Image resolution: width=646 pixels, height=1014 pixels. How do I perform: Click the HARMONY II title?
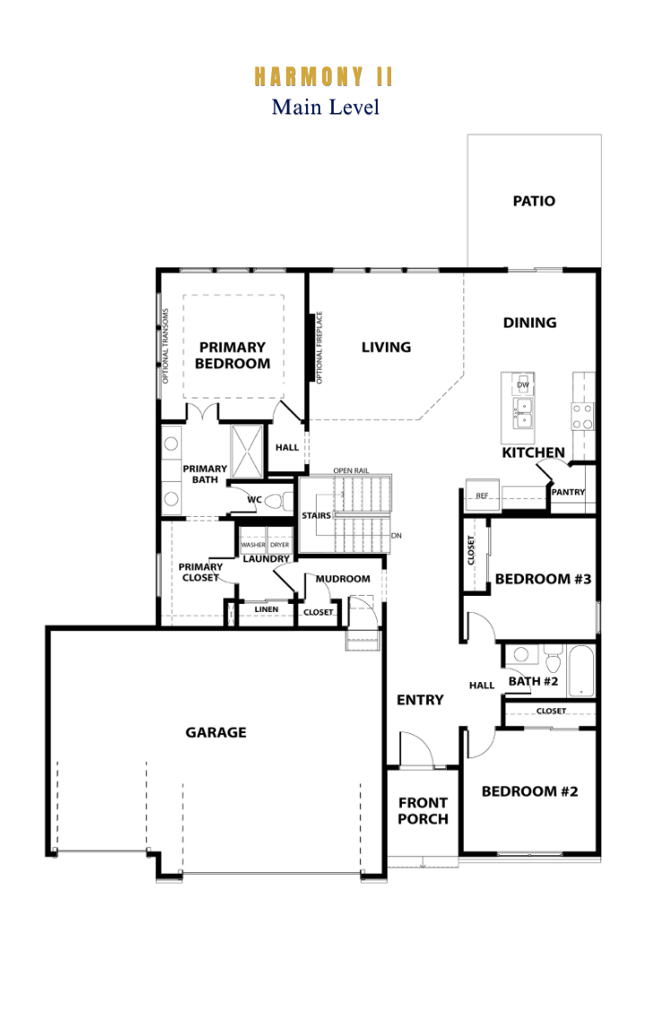click(323, 76)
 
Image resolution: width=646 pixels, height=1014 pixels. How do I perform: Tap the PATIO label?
click(534, 201)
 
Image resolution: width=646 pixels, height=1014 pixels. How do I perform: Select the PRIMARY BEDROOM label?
click(232, 355)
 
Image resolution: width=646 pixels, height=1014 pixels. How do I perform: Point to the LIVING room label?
click(386, 347)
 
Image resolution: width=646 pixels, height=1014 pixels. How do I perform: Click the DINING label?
click(529, 323)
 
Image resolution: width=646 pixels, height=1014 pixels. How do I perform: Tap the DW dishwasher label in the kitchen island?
click(523, 385)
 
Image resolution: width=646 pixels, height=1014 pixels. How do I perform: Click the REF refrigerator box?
click(483, 495)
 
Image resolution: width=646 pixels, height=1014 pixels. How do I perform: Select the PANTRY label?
click(568, 492)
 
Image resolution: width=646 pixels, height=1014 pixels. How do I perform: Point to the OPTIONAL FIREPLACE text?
click(319, 347)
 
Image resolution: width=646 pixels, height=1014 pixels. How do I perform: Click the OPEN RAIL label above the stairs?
click(351, 470)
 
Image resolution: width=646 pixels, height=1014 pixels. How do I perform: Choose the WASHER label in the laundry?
click(253, 546)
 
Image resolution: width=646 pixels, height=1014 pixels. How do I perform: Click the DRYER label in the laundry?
click(279, 546)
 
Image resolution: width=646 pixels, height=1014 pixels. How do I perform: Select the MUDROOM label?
click(343, 579)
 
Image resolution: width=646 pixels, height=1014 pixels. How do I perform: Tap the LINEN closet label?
click(266, 609)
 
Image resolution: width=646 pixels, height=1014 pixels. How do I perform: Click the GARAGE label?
click(216, 733)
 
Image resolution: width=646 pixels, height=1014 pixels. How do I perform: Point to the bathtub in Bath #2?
click(581, 670)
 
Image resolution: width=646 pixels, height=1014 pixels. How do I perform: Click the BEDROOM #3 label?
click(543, 579)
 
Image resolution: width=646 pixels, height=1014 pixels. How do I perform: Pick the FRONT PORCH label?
click(423, 811)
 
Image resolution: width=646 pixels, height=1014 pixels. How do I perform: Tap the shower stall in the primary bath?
click(247, 451)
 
